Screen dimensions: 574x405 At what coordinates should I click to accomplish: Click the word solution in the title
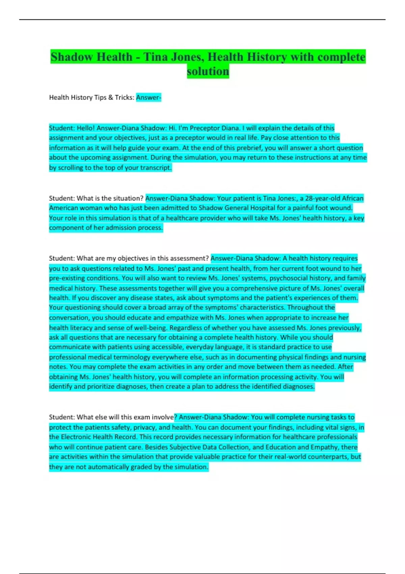click(x=208, y=72)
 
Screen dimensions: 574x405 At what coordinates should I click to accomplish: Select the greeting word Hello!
click(x=86, y=128)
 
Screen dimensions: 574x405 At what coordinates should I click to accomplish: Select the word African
click(x=353, y=198)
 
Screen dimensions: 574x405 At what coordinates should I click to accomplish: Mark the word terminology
click(x=132, y=357)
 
